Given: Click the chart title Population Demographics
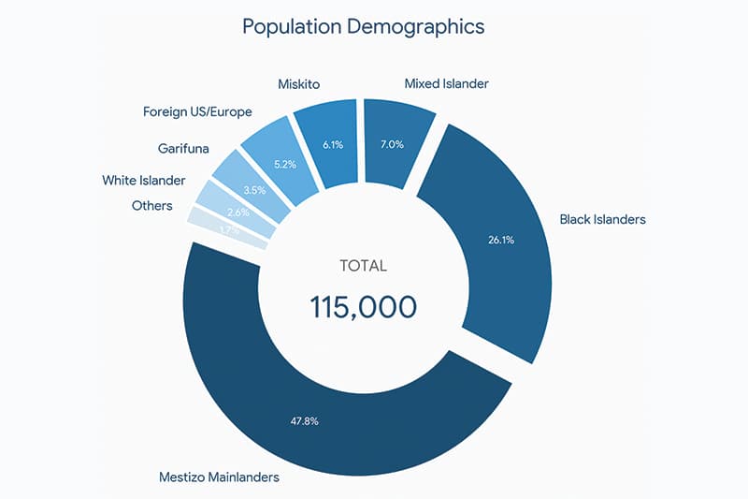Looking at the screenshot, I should [364, 26].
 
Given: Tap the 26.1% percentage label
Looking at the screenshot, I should [499, 240].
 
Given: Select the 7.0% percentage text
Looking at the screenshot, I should [392, 144].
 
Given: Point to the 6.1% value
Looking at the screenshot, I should [333, 146].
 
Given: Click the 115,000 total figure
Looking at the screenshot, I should [363, 307].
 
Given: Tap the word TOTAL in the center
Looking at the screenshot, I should [363, 266].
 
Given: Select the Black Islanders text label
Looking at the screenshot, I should [602, 220].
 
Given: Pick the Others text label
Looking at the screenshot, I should [151, 205].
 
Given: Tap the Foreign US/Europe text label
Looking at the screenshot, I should [197, 111].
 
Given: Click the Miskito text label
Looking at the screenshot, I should [299, 84].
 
